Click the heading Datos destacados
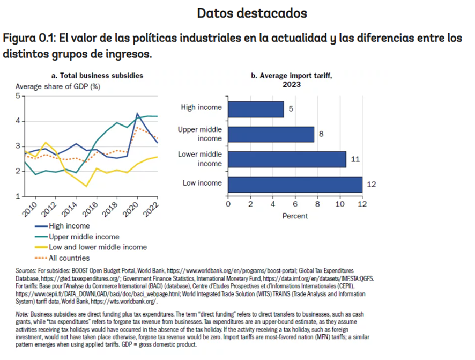tap(252, 12)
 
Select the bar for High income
tap(256, 109)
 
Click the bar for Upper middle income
tap(271, 134)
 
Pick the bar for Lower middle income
tap(287, 159)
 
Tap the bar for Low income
tap(295, 184)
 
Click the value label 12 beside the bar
tap(372, 185)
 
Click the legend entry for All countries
tap(69, 258)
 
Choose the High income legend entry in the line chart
tap(69, 226)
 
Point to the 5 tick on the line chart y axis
tap(18, 96)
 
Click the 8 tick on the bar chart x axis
tap(317, 204)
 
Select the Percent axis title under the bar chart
tap(295, 216)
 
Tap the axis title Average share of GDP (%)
tap(58, 86)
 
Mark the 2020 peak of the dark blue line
tap(137, 114)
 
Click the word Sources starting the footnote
tap(27, 271)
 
